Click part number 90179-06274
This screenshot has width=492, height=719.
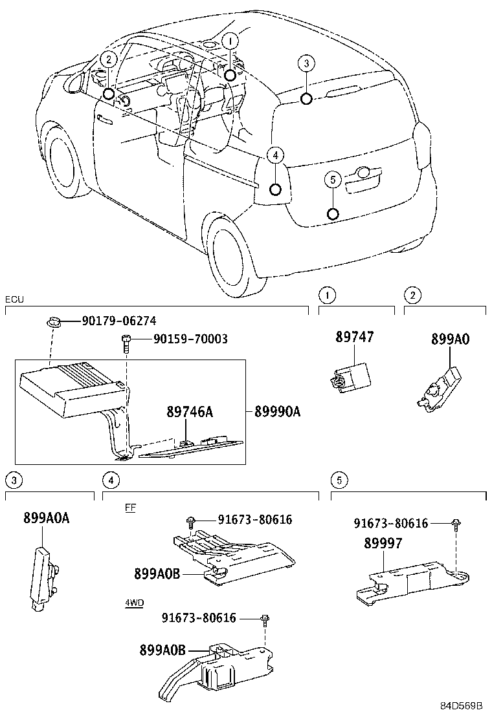pyautogui.click(x=118, y=321)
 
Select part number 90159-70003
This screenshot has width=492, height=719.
pyautogui.click(x=190, y=339)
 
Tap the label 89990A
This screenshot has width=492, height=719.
pyautogui.click(x=277, y=412)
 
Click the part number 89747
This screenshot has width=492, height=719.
pyautogui.click(x=355, y=337)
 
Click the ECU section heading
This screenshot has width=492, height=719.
pyautogui.click(x=14, y=300)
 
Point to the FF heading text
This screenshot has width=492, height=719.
pyautogui.click(x=130, y=508)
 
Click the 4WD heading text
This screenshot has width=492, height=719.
pyautogui.click(x=134, y=603)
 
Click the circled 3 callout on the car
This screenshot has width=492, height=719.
pyautogui.click(x=306, y=63)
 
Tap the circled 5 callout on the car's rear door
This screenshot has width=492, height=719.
pyautogui.click(x=332, y=179)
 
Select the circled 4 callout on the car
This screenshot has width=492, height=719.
pyautogui.click(x=275, y=155)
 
